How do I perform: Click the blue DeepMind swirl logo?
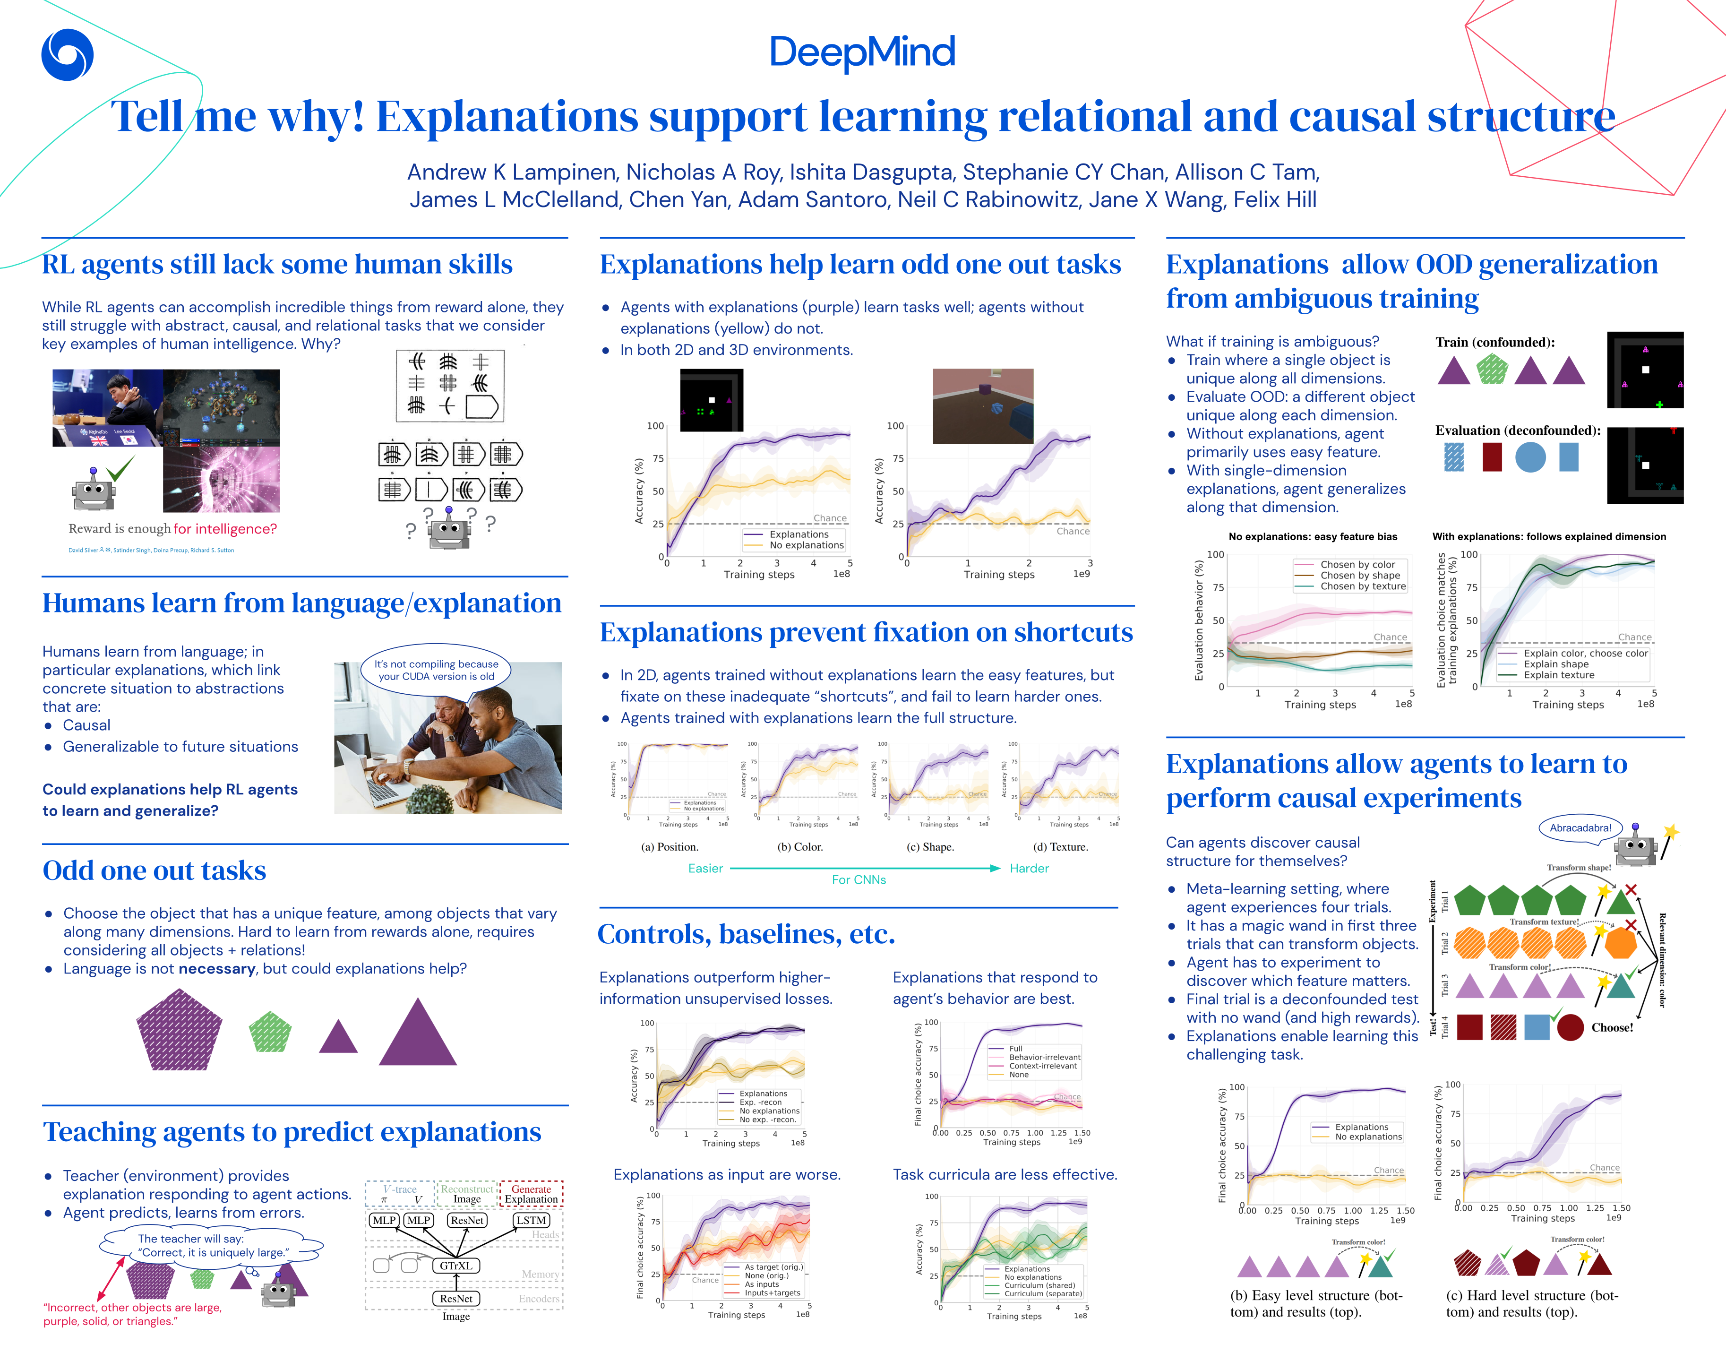pyautogui.click(x=67, y=54)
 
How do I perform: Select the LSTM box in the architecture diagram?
pyautogui.click(x=531, y=1220)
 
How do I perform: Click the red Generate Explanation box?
pyautogui.click(x=531, y=1194)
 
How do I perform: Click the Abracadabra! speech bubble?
pyautogui.click(x=1580, y=828)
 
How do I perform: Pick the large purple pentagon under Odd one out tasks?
pyautogui.click(x=179, y=1030)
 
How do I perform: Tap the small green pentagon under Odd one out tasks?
pyautogui.click(x=270, y=1032)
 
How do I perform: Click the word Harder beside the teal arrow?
pyautogui.click(x=1029, y=869)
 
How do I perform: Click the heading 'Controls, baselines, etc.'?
pyautogui.click(x=747, y=934)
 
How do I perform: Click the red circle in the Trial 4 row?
pyautogui.click(x=1570, y=1027)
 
